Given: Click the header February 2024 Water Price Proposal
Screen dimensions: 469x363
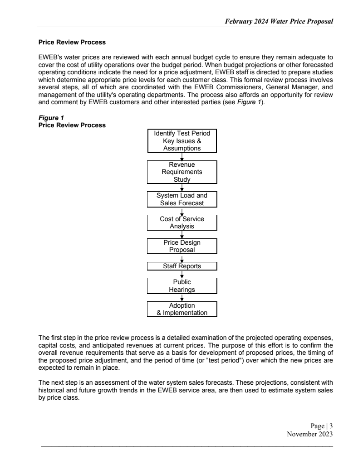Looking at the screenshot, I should [x=276, y=22].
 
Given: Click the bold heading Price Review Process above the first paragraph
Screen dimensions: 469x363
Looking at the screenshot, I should [x=72, y=43].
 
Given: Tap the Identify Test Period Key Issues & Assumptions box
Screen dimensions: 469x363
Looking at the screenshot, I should [x=182, y=141].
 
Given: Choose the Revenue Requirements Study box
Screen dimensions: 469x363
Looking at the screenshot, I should [x=182, y=172].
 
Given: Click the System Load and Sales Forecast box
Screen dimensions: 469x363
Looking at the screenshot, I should [x=182, y=199].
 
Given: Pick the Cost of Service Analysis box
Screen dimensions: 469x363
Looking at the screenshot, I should [x=182, y=222].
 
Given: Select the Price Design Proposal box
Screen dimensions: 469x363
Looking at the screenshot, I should [x=182, y=246].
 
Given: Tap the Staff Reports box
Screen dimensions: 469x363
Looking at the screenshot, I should [x=182, y=266].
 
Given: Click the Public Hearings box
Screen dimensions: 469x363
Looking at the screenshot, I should [x=182, y=285].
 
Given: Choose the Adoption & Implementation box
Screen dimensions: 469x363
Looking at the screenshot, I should [x=182, y=309].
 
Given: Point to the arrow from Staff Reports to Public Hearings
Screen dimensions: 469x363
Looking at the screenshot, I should [x=182, y=274].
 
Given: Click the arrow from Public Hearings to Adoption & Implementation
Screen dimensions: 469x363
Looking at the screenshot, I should [x=182, y=297].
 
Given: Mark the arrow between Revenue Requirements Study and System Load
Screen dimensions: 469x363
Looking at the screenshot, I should [x=182, y=187].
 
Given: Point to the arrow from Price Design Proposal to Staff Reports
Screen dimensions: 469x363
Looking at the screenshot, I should [x=182, y=258].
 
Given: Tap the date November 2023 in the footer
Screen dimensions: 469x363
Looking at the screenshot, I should [x=310, y=434].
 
